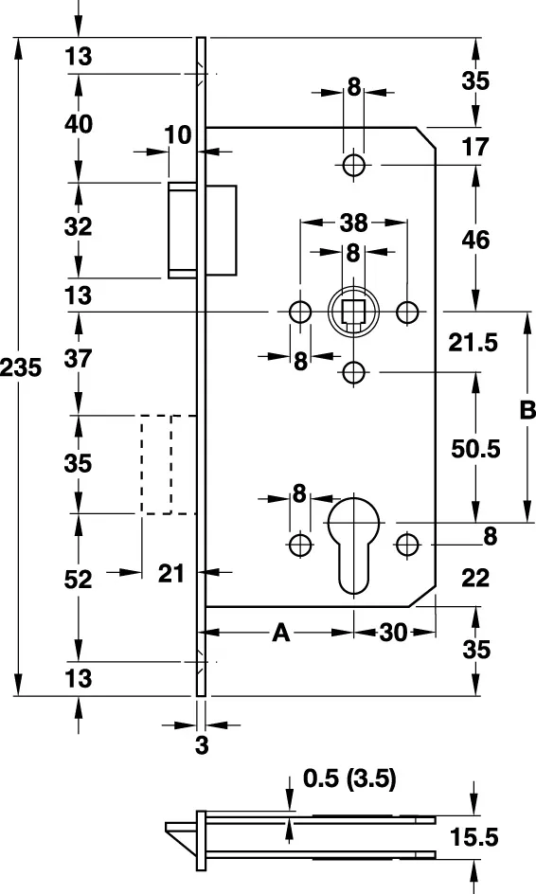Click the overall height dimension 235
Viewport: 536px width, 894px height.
click(21, 367)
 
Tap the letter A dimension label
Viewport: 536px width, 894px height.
click(281, 633)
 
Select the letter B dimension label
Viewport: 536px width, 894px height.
click(527, 410)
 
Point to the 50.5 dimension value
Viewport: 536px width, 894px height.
click(475, 449)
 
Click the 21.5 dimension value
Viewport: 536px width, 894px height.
click(473, 343)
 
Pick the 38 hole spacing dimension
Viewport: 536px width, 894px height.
click(353, 223)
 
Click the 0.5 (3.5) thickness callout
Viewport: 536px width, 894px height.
click(349, 778)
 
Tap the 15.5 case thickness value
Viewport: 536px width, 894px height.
click(474, 837)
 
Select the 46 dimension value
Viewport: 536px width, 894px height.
click(475, 240)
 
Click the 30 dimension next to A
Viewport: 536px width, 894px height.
click(393, 633)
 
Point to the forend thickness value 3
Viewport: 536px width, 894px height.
click(202, 745)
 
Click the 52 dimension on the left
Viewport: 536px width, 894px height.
click(78, 580)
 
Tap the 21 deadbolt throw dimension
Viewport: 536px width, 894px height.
click(171, 573)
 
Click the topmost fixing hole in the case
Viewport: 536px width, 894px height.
click(353, 166)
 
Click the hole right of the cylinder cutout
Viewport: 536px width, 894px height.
click(407, 545)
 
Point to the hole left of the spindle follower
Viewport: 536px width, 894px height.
click(300, 312)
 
